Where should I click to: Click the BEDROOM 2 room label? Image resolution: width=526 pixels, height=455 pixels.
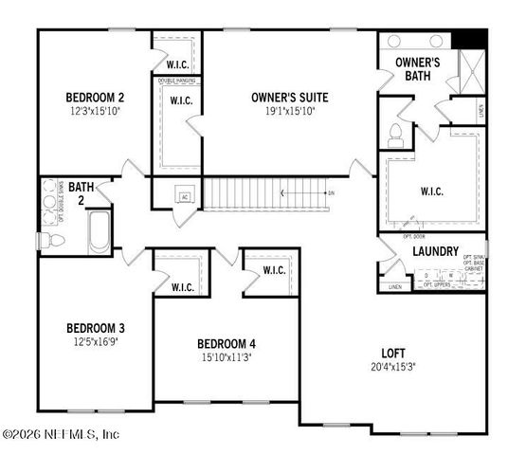point(95,97)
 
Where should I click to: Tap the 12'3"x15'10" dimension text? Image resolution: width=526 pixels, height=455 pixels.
point(95,111)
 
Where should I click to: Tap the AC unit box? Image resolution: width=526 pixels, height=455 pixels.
point(186,196)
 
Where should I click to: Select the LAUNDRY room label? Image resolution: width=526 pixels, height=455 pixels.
point(436,252)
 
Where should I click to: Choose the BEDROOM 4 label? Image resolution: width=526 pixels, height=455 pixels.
point(227,343)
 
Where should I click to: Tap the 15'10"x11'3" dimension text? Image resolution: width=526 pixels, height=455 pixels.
point(227,357)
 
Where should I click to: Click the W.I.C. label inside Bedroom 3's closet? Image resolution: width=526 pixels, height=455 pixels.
point(182,287)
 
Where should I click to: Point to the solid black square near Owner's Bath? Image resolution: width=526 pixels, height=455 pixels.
point(467,42)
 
